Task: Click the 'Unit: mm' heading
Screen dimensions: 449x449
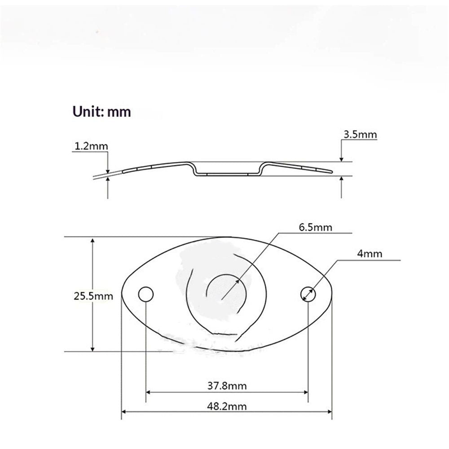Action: tap(101, 112)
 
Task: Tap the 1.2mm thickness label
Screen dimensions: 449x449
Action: tap(91, 146)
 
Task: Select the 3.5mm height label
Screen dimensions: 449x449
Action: tap(360, 134)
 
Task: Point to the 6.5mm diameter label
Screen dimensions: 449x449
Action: tap(316, 227)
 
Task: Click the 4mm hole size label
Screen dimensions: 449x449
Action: tap(370, 254)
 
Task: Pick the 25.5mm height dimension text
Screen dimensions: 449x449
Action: tap(93, 296)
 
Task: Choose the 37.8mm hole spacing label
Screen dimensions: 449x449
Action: tap(227, 386)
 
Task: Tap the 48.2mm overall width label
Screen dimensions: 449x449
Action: tap(227, 406)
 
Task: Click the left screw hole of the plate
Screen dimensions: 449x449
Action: tap(146, 294)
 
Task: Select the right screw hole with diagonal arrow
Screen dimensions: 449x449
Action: tap(308, 294)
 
